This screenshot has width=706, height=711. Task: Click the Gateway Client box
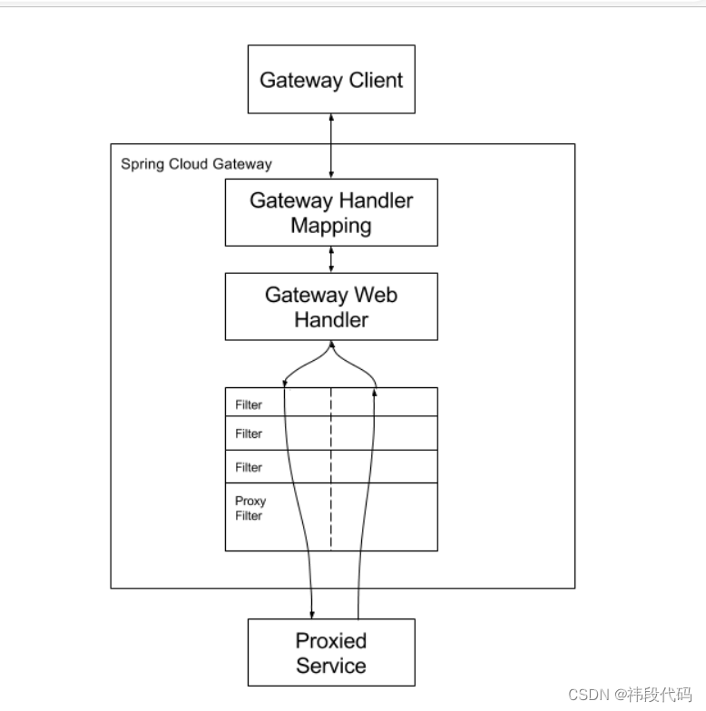[331, 79]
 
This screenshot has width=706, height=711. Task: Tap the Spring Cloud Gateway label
[196, 164]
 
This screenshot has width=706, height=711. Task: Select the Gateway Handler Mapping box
[331, 212]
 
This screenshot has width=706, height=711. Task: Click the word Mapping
[331, 226]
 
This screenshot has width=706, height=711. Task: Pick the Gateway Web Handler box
[331, 307]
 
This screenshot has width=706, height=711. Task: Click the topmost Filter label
[249, 404]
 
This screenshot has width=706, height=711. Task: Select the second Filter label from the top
[249, 434]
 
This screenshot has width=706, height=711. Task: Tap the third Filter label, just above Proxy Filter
[249, 468]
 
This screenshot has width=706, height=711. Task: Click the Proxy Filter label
[250, 508]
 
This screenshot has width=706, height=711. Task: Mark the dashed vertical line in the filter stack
[331, 472]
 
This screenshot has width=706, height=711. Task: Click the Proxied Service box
[331, 652]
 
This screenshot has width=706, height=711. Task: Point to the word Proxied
[331, 641]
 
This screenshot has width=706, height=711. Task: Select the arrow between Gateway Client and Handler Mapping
[331, 145]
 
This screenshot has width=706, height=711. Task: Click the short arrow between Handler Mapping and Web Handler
[331, 259]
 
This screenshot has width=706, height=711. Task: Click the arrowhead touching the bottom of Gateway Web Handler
[331, 346]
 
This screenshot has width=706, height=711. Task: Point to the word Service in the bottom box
[331, 666]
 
